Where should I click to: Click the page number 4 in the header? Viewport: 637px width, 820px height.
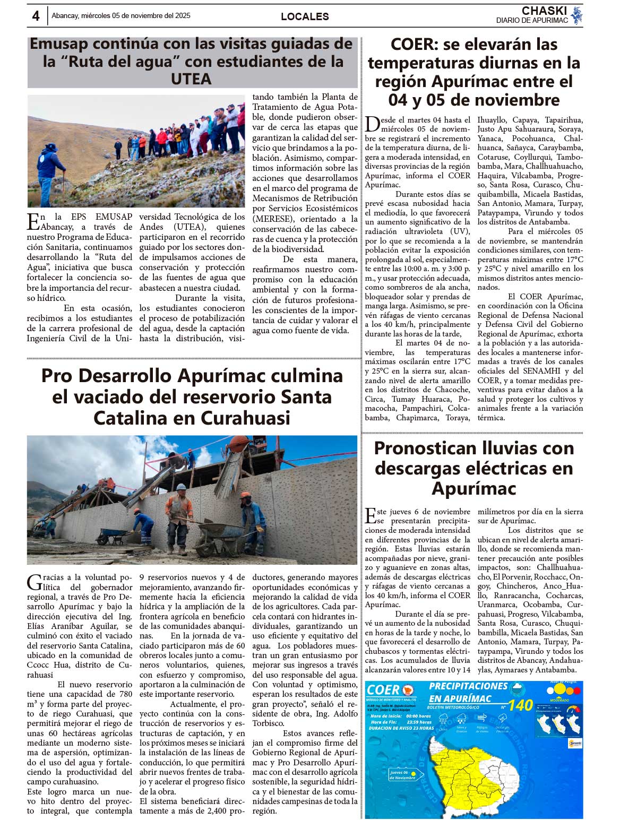point(36,16)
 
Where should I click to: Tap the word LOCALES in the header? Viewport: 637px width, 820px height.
point(305,16)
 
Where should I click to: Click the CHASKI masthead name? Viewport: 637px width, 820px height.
point(544,11)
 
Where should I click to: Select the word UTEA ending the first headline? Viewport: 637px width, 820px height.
point(191,79)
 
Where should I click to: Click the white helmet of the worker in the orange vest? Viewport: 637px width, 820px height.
point(181,487)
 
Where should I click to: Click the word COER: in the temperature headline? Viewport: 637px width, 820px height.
point(414,45)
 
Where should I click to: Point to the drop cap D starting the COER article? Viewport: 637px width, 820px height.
point(372,124)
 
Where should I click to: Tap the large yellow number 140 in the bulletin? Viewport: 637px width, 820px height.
point(520,705)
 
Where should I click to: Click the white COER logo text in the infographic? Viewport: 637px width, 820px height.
point(383,689)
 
